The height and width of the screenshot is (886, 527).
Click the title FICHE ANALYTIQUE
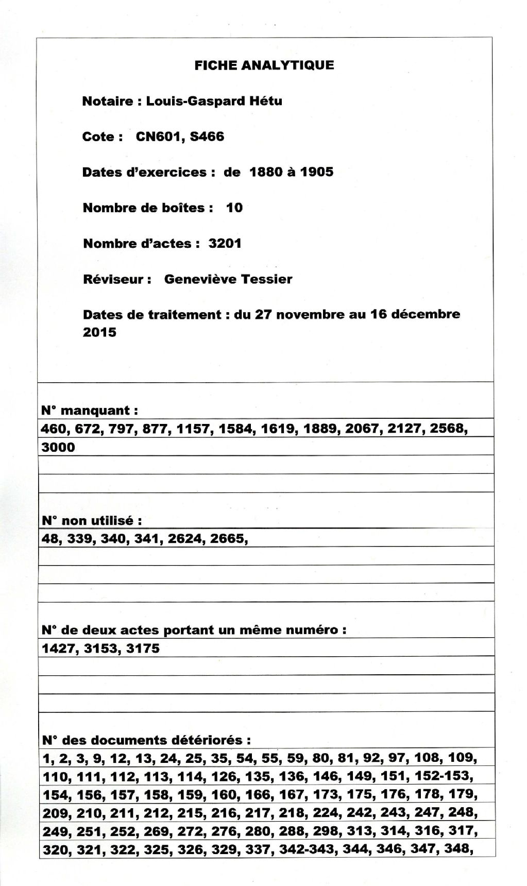point(264,65)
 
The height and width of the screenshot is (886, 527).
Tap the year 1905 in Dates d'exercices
point(316,172)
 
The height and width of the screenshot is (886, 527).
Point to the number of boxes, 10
point(234,208)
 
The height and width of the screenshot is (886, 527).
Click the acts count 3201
point(225,243)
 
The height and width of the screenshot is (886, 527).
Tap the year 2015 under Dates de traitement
point(99,332)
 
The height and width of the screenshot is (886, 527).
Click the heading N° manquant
point(89,411)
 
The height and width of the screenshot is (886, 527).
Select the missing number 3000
point(58,447)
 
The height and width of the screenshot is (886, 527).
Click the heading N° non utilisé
point(91,520)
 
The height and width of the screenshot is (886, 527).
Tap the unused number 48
point(49,539)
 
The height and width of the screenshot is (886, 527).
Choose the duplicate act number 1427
point(58,649)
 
